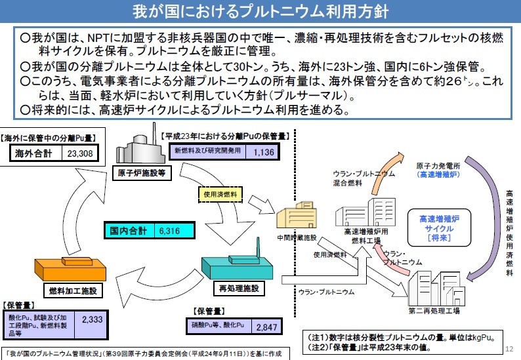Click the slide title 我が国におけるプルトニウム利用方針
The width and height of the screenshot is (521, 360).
tap(260, 12)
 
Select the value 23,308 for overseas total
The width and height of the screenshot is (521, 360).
tap(80, 154)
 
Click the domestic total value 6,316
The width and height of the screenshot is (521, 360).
tap(174, 231)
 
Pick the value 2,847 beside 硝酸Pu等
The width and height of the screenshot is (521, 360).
tap(266, 327)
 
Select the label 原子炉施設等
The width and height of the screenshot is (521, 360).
tap(142, 174)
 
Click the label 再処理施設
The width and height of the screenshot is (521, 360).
tap(238, 288)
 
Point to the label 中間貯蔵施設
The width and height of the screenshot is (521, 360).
tap(299, 238)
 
